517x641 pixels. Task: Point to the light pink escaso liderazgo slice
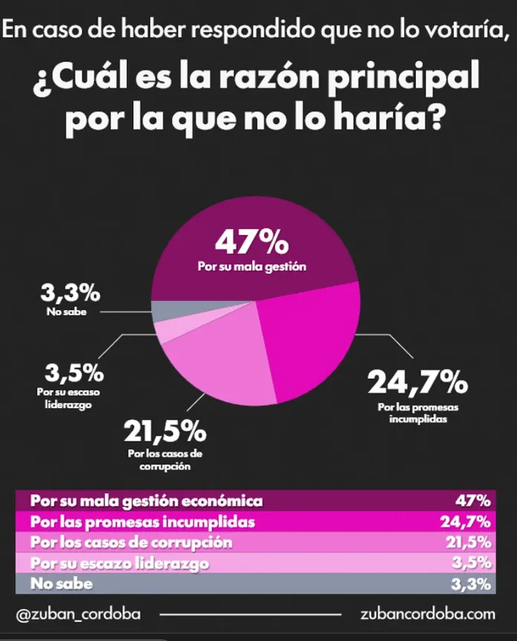point(167,329)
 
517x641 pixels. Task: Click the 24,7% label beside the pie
point(417,384)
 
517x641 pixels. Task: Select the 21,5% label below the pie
point(164,431)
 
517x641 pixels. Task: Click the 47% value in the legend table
point(474,500)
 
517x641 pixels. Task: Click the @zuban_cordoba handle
point(77,615)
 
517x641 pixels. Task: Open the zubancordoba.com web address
point(426,615)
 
